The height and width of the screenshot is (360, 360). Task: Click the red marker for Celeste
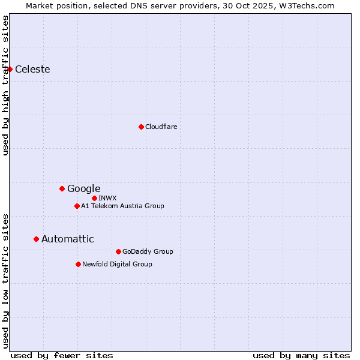pyautogui.click(x=10, y=69)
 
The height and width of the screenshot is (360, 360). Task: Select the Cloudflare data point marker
pyautogui.click(x=141, y=127)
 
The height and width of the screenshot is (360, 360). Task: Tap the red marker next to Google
pyautogui.click(x=62, y=188)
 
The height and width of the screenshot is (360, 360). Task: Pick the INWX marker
pyautogui.click(x=94, y=198)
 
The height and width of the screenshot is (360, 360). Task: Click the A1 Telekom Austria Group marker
pyautogui.click(x=77, y=206)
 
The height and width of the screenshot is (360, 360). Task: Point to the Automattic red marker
pyautogui.click(x=36, y=239)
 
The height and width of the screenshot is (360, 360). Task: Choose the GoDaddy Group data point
pyautogui.click(x=118, y=251)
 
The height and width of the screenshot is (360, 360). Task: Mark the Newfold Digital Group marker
pyautogui.click(x=78, y=264)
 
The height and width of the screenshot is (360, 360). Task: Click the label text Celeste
pyautogui.click(x=32, y=69)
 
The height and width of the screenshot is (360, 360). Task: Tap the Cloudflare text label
pyautogui.click(x=161, y=127)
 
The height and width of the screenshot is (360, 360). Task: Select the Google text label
pyautogui.click(x=83, y=188)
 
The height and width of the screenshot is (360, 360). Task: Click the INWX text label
pyautogui.click(x=107, y=198)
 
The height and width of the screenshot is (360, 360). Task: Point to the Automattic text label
pyautogui.click(x=67, y=239)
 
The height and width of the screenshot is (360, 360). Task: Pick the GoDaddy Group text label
pyautogui.click(x=148, y=251)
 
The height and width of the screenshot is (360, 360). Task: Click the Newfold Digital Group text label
pyautogui.click(x=117, y=264)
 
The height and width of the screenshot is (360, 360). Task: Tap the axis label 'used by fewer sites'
pyautogui.click(x=62, y=355)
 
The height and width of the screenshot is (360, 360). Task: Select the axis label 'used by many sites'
pyautogui.click(x=301, y=355)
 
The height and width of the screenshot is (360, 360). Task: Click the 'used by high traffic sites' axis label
pyautogui.click(x=5, y=85)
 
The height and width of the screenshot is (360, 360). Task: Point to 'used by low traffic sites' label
pyautogui.click(x=5, y=280)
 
